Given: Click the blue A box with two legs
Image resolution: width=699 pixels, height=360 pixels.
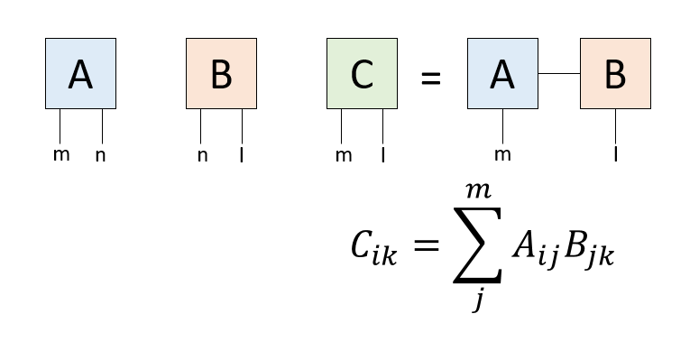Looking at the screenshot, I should pos(80,74).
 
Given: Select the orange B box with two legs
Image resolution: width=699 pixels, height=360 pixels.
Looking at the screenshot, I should pos(221,74).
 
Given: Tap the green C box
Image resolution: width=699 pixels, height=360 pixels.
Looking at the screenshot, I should pos(362,74).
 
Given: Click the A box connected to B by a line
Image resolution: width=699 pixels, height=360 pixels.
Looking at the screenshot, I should pos(502,74).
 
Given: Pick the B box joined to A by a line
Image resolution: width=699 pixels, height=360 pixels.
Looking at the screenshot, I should pos(615,74).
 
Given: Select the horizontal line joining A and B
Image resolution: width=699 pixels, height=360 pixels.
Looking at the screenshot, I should pos(558,74).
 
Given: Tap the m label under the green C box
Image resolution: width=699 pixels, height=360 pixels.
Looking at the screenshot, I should pos(343,155).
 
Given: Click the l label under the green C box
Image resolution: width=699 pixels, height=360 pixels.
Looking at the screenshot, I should pos(383,155).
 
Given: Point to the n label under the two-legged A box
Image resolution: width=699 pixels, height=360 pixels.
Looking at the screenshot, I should pos(101,155).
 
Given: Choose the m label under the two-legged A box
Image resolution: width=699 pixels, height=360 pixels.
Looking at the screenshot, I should pos(60,154).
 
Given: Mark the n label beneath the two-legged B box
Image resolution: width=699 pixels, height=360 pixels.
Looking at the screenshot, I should pos(202,155).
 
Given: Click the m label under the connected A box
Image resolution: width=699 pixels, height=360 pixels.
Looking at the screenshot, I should pos(502,154).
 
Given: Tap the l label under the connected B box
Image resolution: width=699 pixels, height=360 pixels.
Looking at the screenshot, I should pos(615,155).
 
